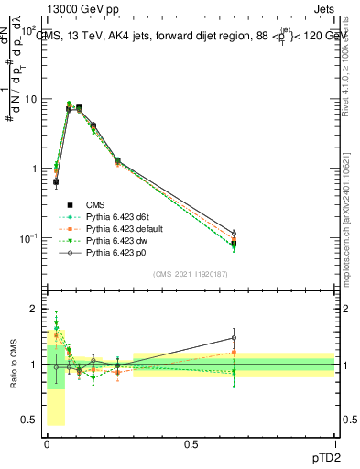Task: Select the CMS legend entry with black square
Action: tap(94, 204)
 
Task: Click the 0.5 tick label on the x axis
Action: tap(191, 443)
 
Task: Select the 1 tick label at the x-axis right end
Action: tap(335, 443)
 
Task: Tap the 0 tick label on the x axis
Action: tap(47, 443)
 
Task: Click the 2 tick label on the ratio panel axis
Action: tap(35, 309)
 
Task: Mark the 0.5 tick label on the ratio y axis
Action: tap(30, 420)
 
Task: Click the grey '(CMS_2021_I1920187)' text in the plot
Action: tap(191, 274)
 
